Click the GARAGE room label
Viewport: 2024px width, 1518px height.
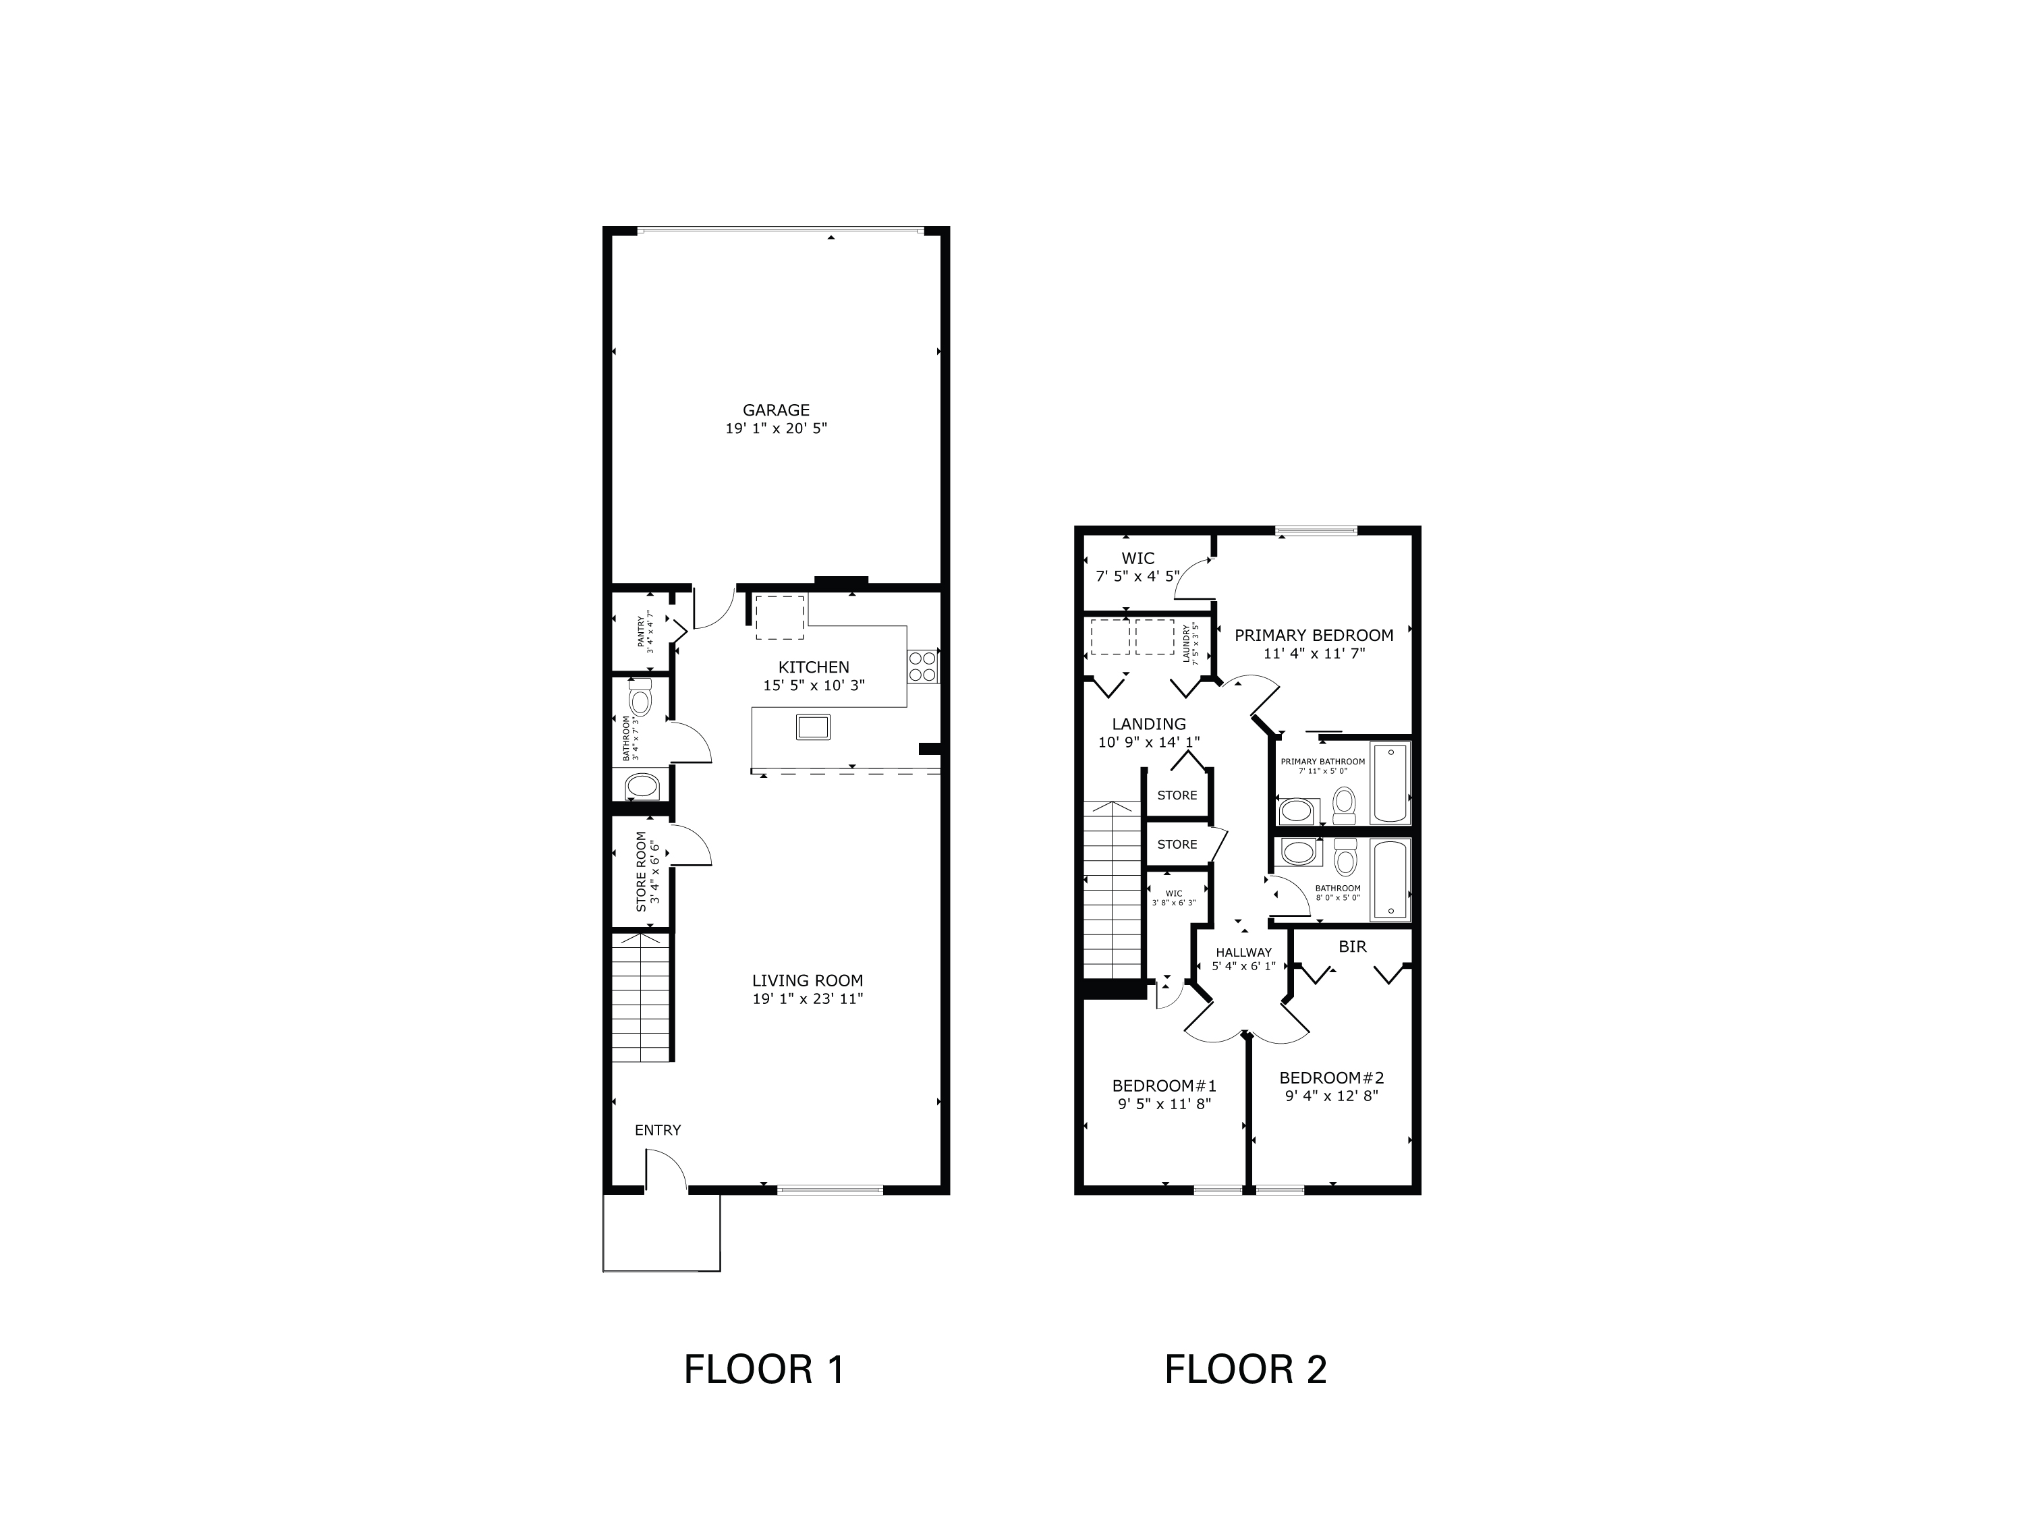[x=776, y=411]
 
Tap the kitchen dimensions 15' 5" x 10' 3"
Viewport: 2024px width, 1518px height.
[x=814, y=685]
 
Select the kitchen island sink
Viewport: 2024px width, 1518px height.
[x=814, y=727]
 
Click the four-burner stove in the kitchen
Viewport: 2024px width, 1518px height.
[x=922, y=666]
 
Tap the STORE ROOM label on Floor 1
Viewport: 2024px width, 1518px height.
[x=642, y=871]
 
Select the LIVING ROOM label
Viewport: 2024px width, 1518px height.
[x=807, y=981]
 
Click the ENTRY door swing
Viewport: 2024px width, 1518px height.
[x=666, y=1171]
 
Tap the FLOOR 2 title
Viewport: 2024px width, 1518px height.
[x=1245, y=1370]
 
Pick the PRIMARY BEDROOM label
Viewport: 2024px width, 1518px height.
[x=1314, y=635]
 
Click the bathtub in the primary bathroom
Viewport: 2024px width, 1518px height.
[x=1390, y=784]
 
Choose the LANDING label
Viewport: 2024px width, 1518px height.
[x=1148, y=724]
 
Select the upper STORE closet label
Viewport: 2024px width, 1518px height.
[x=1177, y=795]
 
